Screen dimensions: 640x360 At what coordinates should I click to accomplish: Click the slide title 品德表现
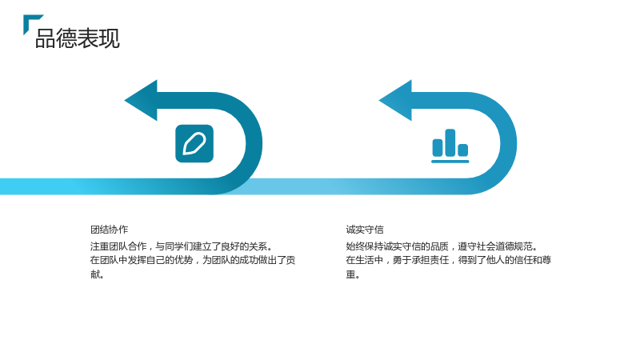(x=78, y=38)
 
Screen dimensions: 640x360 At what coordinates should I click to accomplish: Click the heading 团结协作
(x=110, y=230)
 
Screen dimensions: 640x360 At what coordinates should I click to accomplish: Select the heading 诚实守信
(x=365, y=230)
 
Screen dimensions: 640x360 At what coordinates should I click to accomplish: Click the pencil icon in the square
(x=194, y=144)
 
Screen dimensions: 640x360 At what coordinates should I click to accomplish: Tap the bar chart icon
(x=450, y=146)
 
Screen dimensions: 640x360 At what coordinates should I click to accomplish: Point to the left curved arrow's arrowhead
(x=141, y=101)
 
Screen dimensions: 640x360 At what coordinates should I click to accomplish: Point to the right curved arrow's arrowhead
(x=395, y=101)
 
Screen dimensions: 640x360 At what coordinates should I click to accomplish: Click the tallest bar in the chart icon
(x=450, y=142)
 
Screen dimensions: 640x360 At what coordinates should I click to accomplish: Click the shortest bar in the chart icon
(x=463, y=150)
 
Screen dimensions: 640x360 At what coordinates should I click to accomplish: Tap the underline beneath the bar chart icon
(x=450, y=162)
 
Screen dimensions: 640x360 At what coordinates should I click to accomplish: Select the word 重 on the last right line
(x=350, y=274)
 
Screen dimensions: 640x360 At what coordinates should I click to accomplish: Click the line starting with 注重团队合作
(x=182, y=246)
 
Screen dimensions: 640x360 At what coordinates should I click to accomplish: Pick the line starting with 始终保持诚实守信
(x=442, y=246)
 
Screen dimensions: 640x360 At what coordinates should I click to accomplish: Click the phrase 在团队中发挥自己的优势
(x=142, y=260)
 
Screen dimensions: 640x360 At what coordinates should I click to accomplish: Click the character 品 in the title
(x=46, y=38)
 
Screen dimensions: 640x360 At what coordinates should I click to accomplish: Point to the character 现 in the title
(x=110, y=38)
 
